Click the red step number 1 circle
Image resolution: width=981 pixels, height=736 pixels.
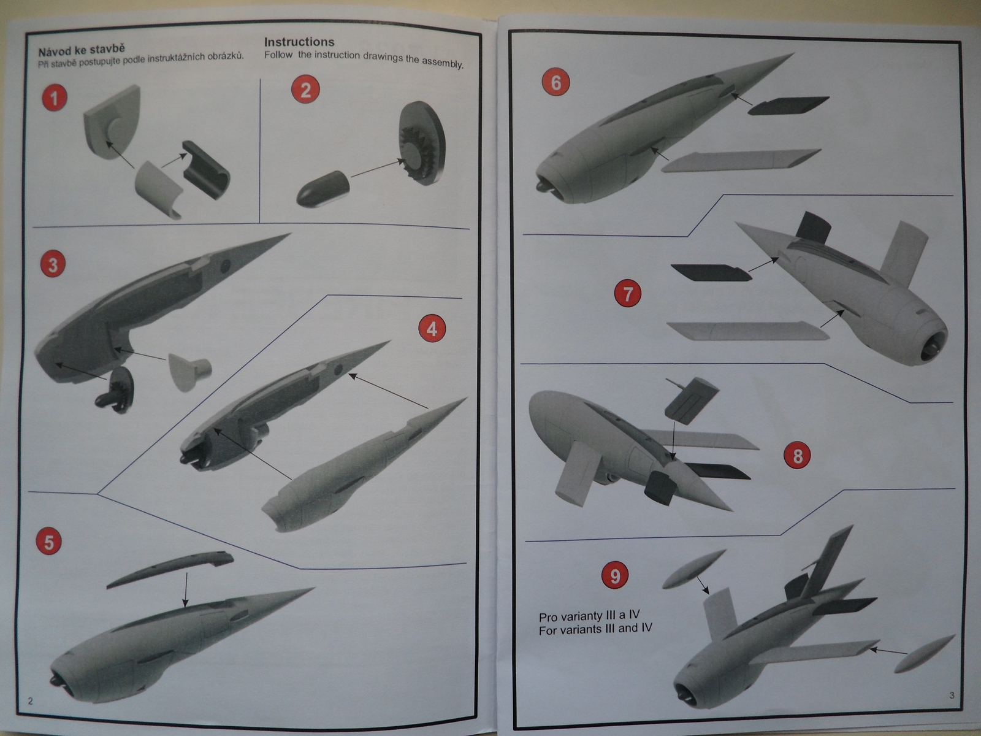pos(55,98)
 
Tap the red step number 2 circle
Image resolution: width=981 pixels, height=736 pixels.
pos(305,90)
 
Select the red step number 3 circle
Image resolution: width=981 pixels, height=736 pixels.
pos(53,264)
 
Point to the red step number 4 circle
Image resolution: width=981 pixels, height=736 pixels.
pos(432,329)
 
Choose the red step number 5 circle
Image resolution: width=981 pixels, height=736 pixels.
pos(48,542)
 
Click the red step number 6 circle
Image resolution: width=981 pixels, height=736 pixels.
pos(556,82)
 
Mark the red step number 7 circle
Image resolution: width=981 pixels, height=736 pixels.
pos(628,294)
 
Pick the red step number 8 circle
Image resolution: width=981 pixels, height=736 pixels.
pos(798,456)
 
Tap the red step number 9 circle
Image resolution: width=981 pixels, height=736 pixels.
pos(615,575)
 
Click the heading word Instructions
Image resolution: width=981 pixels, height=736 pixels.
pos(299,42)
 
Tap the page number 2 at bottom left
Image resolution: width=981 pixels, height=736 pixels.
pos(31,700)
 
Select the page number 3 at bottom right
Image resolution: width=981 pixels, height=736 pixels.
pos(952,695)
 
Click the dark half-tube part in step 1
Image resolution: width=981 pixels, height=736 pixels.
pos(206,170)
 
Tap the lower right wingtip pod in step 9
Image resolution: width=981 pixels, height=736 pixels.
pos(924,654)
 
